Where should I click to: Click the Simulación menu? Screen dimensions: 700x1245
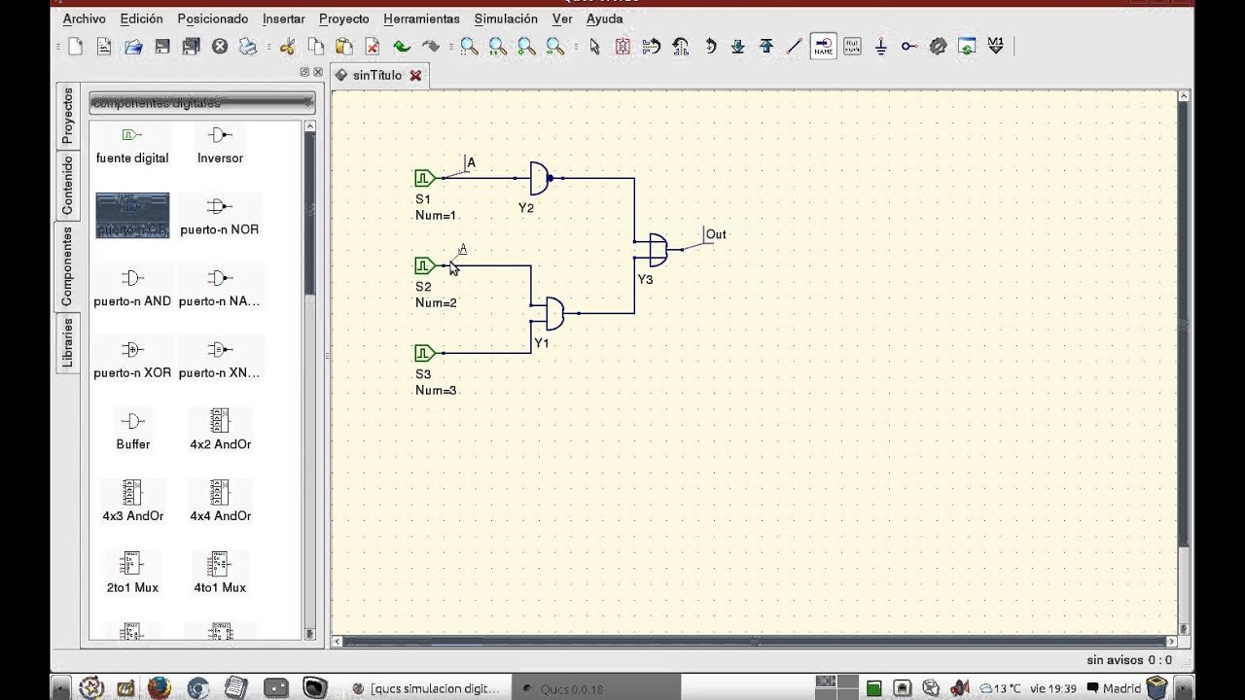pyautogui.click(x=506, y=18)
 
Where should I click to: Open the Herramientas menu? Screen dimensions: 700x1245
pyautogui.click(x=421, y=18)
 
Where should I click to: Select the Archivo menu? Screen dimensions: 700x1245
pyautogui.click(x=84, y=18)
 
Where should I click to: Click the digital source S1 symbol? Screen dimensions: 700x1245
pyautogui.click(x=424, y=178)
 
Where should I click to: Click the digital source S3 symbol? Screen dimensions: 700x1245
pyautogui.click(x=424, y=353)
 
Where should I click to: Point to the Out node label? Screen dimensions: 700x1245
pyautogui.click(x=716, y=234)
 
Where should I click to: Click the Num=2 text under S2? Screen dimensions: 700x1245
pyautogui.click(x=436, y=303)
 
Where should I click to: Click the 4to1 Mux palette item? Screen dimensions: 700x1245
pyautogui.click(x=220, y=572)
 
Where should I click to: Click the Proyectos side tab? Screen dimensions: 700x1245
pyautogui.click(x=67, y=116)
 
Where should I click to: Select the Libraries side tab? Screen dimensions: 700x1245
pyautogui.click(x=67, y=343)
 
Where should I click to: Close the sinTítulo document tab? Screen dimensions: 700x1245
pyautogui.click(x=416, y=75)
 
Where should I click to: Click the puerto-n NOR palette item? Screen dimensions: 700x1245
pyautogui.click(x=219, y=216)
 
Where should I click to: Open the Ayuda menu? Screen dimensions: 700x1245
pyautogui.click(x=604, y=18)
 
